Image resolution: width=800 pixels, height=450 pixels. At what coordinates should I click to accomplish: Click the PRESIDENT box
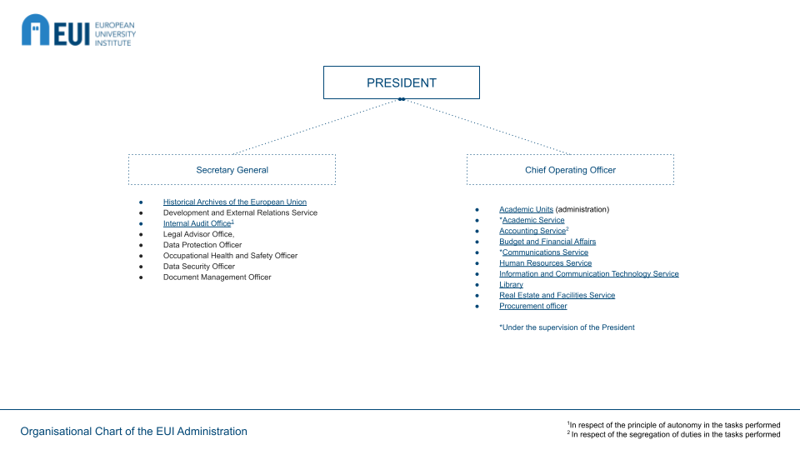click(401, 82)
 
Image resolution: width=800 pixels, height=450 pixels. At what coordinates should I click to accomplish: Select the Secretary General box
click(232, 170)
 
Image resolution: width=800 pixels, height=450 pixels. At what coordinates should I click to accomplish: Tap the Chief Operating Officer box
click(570, 170)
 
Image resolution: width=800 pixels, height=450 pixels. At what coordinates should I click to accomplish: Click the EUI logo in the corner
click(77, 30)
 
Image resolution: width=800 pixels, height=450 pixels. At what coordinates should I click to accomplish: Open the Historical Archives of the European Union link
click(234, 202)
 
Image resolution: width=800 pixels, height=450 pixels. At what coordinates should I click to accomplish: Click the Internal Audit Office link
click(197, 223)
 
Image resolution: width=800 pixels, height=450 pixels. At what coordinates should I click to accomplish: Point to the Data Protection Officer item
click(202, 245)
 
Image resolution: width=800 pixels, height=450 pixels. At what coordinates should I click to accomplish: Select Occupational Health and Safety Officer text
click(230, 256)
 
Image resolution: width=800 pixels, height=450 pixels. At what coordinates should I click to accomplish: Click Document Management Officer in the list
click(217, 277)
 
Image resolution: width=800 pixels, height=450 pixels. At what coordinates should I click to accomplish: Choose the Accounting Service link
click(532, 231)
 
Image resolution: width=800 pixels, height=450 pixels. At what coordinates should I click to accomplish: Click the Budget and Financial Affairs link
click(547, 242)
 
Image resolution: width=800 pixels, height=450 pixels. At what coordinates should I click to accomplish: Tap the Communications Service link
click(545, 252)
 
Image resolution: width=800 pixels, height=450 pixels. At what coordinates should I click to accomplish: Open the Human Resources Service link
click(545, 263)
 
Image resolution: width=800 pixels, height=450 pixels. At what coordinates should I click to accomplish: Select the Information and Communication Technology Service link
click(588, 274)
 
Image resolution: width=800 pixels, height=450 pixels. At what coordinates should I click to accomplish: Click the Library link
click(511, 285)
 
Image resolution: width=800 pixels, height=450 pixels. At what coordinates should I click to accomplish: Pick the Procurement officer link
click(532, 306)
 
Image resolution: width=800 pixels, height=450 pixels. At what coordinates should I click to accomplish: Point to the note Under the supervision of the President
click(567, 327)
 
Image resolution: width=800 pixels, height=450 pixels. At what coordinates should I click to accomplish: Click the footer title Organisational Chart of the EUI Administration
click(133, 432)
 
